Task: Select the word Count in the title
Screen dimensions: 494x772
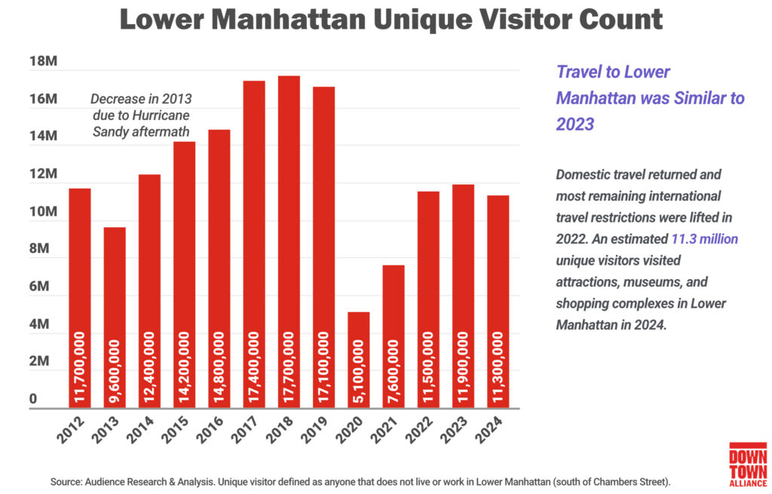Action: coord(618,20)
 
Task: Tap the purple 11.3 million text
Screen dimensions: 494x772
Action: coord(704,238)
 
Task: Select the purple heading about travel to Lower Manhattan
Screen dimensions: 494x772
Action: coord(650,97)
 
